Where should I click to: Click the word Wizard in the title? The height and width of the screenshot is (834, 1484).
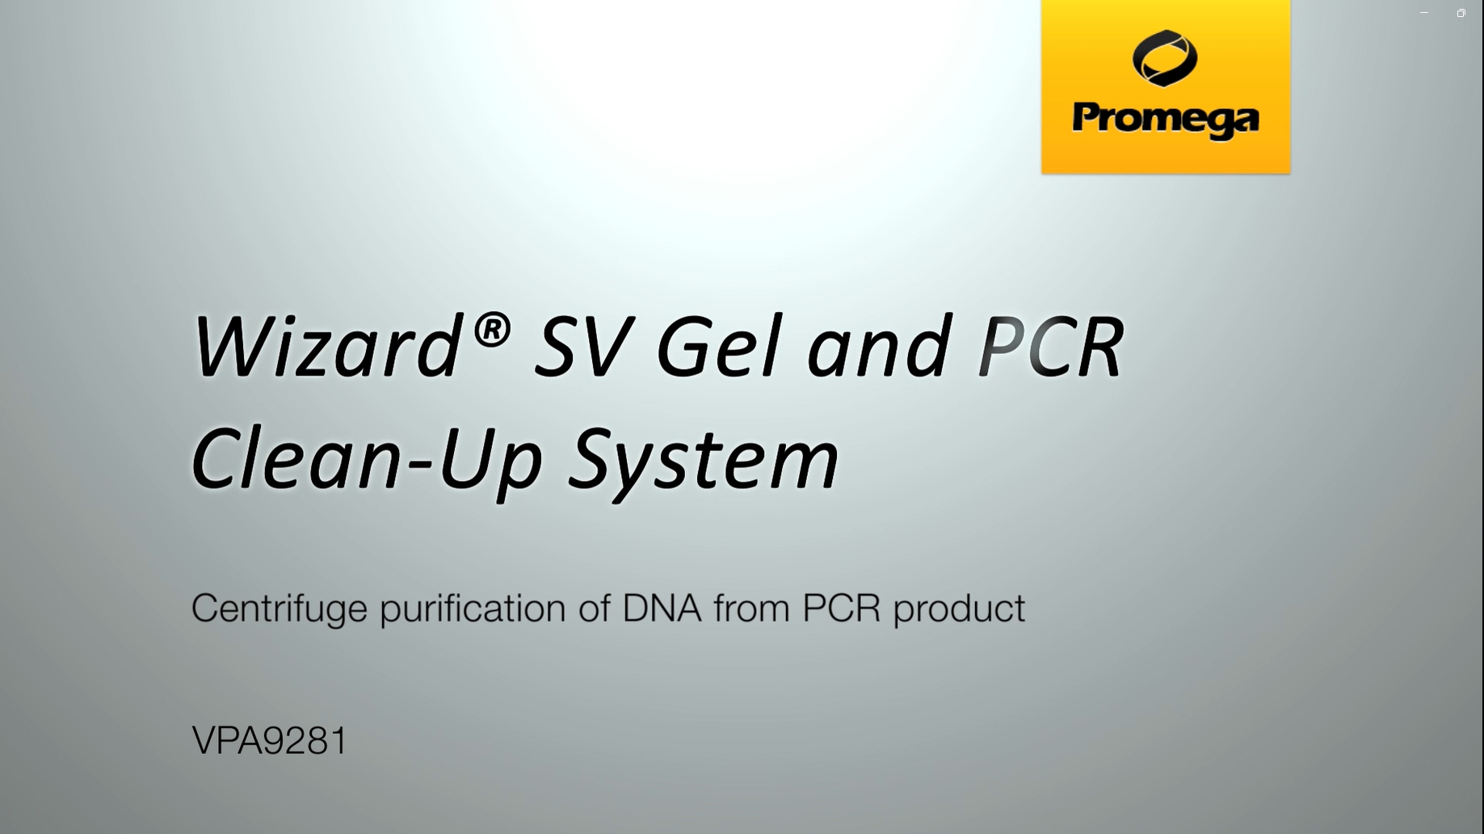point(326,346)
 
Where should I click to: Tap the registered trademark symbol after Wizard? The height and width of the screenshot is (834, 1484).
point(491,331)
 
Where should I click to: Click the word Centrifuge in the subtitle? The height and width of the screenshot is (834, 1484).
point(280,609)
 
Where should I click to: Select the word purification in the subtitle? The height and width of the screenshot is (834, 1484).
point(473,609)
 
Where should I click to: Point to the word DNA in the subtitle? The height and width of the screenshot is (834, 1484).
point(662,608)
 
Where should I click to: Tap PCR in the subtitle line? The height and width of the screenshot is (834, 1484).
point(841,608)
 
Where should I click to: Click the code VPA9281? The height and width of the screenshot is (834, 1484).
point(270,740)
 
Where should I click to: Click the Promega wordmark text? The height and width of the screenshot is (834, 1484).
point(1166,120)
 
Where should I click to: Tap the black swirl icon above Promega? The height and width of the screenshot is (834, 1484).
point(1165,58)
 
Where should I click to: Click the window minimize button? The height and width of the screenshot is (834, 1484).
point(1424,13)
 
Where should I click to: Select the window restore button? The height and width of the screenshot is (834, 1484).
point(1461,13)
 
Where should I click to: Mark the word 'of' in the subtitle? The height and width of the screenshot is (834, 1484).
point(594,608)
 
